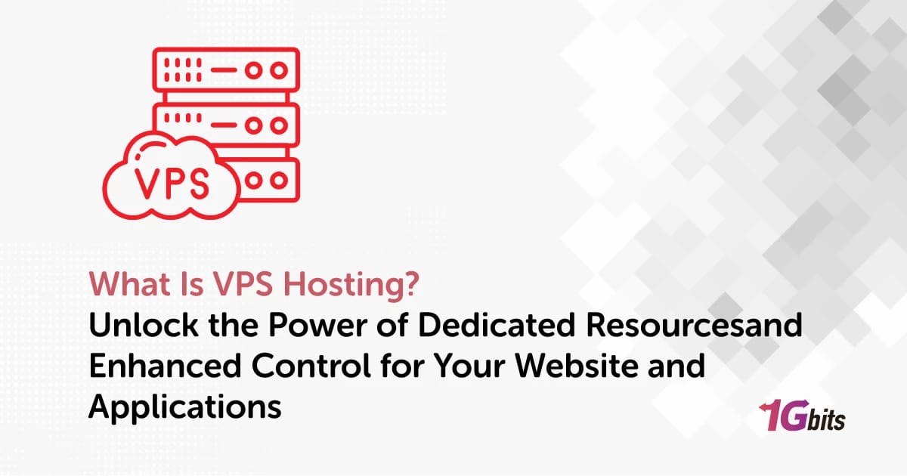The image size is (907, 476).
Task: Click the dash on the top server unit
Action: tap(224, 70)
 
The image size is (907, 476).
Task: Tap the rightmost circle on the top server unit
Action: tap(279, 70)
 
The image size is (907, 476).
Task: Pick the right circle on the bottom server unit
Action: tap(279, 181)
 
